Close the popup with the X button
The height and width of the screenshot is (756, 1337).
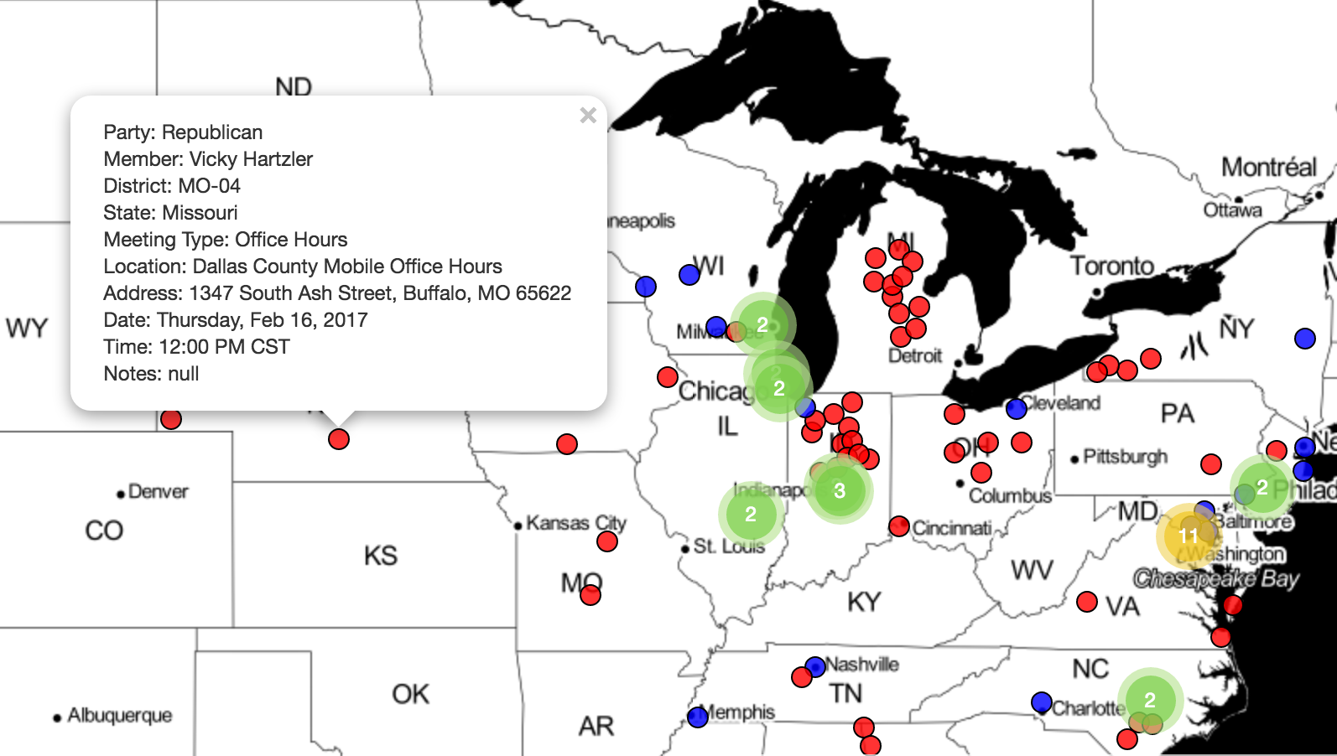588,116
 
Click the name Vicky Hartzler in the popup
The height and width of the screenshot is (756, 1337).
251,159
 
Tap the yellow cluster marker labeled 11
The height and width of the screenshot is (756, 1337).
1188,535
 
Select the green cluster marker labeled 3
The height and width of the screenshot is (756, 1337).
839,490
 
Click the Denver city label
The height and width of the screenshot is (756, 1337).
158,492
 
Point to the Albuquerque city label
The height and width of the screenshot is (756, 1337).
119,716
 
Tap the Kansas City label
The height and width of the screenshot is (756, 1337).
576,523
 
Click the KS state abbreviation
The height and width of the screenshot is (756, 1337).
380,556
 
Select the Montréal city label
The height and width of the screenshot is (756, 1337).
1268,167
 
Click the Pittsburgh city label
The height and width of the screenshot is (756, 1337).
1125,457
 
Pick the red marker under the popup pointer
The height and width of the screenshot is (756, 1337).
339,439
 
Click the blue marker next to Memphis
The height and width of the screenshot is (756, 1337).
698,717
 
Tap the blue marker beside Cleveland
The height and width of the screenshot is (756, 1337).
1017,409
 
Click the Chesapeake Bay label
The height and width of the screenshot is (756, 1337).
1215,578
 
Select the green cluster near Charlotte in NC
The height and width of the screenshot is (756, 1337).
1149,700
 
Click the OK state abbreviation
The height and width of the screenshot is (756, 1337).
410,694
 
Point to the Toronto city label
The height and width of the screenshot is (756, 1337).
1112,266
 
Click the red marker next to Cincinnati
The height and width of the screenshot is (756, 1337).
899,526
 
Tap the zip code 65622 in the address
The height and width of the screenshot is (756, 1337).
544,293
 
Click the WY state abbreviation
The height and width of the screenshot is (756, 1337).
27,328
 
